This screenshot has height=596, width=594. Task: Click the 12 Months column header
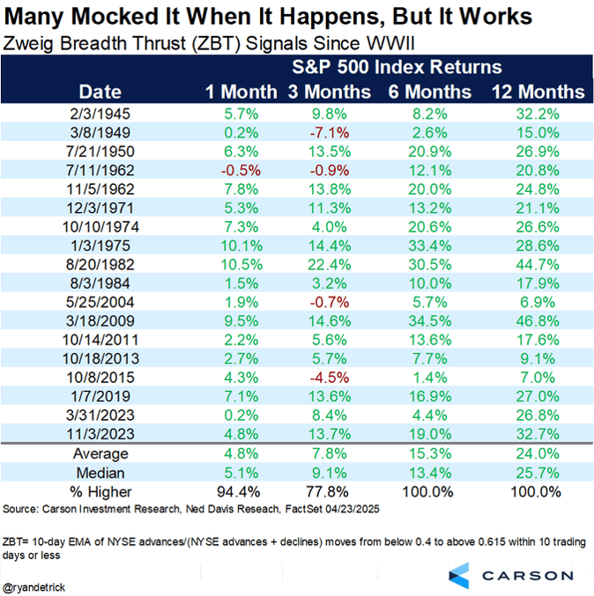tap(537, 92)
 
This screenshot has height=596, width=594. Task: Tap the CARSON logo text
tap(526, 575)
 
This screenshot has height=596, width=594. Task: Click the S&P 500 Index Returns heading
tap(397, 67)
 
